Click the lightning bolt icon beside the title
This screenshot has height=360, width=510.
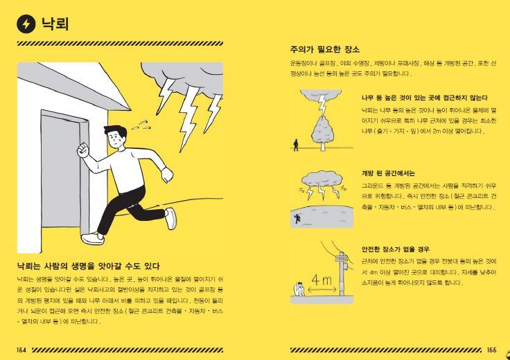coord(26,24)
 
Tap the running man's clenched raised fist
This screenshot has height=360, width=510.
coord(84,148)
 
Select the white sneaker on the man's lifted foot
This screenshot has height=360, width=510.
coord(170,218)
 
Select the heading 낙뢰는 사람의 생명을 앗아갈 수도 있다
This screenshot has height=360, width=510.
coord(89,265)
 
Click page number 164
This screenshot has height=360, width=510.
coord(21,350)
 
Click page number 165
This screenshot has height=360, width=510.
coord(491,350)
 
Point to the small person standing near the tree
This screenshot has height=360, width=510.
coord(297,144)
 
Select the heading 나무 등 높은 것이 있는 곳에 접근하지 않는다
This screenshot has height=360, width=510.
coord(424,98)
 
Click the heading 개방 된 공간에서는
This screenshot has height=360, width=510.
coord(388,173)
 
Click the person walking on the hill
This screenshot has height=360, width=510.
coord(297,217)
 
